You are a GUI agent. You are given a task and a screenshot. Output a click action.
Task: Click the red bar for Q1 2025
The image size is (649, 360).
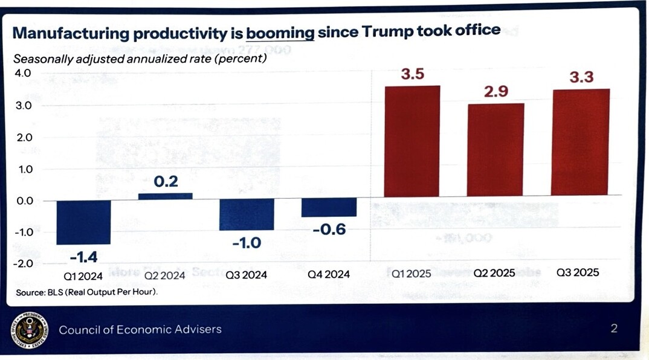(x=412, y=141)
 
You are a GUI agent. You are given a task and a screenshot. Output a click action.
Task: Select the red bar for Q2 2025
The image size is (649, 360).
(x=496, y=149)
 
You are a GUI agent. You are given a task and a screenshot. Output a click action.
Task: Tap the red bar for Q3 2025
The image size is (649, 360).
(x=580, y=142)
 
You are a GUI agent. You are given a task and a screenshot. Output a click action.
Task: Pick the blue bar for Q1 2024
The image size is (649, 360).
(x=83, y=222)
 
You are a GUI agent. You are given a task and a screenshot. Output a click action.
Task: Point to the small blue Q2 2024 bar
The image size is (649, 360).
(x=166, y=196)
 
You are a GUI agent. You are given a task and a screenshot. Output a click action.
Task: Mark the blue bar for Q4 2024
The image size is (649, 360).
(x=329, y=207)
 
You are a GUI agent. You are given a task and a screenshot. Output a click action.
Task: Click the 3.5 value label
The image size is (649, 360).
(x=413, y=75)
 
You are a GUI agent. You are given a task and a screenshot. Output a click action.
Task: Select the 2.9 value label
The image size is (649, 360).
(x=496, y=92)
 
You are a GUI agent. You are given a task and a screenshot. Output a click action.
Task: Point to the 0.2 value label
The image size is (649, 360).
(x=166, y=181)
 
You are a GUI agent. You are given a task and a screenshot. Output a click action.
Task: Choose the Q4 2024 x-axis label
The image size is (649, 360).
(x=329, y=274)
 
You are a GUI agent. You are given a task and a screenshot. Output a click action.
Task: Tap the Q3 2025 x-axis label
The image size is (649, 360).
(x=578, y=272)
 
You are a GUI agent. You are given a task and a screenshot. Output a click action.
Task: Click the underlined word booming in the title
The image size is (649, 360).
(x=280, y=31)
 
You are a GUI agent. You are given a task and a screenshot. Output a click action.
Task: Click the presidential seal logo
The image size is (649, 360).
(x=28, y=329)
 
